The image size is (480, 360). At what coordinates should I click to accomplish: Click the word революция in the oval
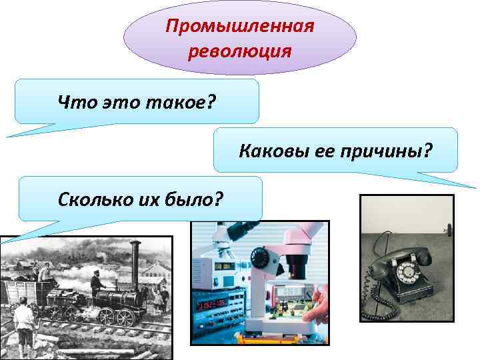pos(240,51)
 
